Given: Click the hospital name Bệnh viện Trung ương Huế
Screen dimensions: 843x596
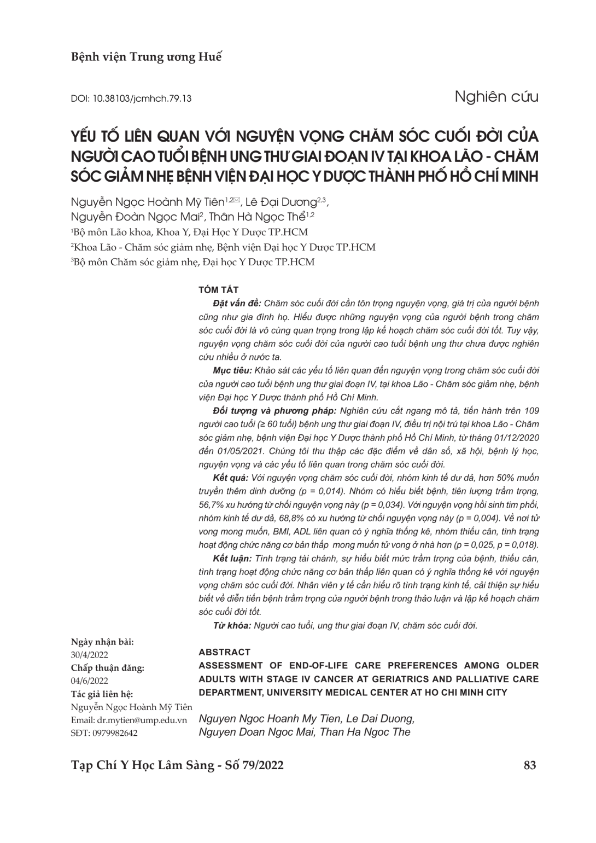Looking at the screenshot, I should coord(147,57).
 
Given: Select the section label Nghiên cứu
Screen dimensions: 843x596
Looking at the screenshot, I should coord(496,97).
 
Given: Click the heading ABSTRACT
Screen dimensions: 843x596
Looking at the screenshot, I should coord(225,652).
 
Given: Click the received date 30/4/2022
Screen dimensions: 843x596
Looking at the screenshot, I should coord(90,655).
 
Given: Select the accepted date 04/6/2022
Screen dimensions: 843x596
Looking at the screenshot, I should coord(90,681).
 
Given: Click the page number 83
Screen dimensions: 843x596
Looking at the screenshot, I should coord(529,765).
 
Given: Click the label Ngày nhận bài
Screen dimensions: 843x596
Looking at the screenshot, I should coord(102,642).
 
